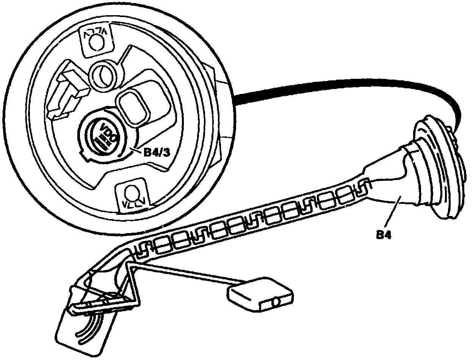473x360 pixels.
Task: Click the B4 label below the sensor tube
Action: coord(383,235)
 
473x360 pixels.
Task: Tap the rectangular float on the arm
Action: coord(260,294)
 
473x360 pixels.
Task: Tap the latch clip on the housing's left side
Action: coord(70,91)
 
